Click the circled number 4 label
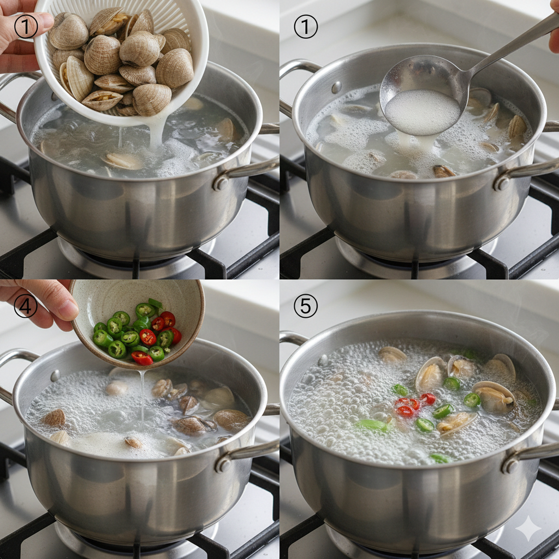pyautogui.click(x=26, y=305)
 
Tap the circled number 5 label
pyautogui.click(x=306, y=306)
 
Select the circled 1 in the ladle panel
pyautogui.click(x=306, y=26)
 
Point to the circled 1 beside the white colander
pyautogui.click(x=26, y=26)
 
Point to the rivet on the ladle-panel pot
pyautogui.click(x=336, y=87)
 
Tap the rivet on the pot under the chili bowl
pyautogui.click(x=55, y=376)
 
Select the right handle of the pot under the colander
pyautogui.click(x=246, y=171)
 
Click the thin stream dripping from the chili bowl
pyautogui.click(x=142, y=396)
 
